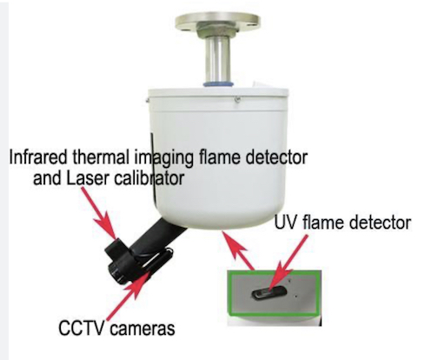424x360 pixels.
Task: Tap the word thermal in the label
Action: (x=102, y=157)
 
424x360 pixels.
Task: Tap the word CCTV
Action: (x=81, y=328)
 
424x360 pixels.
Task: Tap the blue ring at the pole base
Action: (x=218, y=84)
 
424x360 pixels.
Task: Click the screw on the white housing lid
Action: (x=237, y=100)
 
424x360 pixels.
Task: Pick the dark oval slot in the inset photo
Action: (x=270, y=293)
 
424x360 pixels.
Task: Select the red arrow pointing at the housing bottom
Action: (x=239, y=250)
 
